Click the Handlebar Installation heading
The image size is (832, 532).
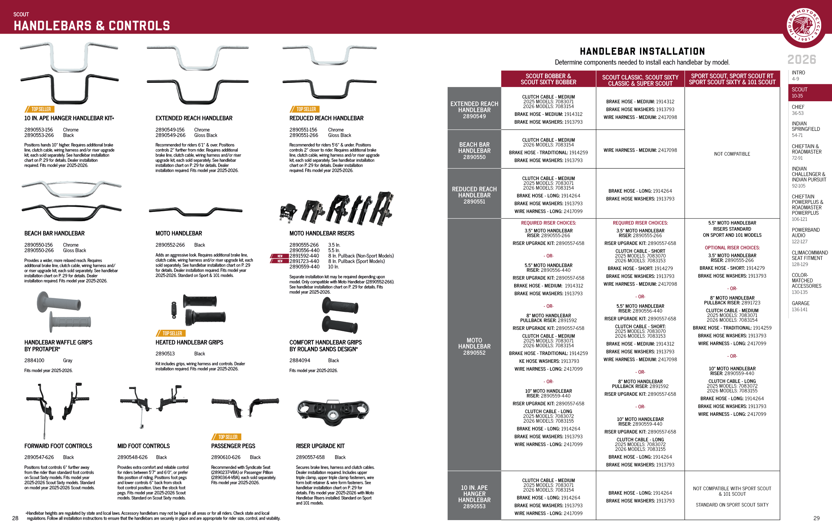[x=642, y=52]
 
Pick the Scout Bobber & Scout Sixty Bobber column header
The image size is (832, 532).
[x=548, y=79]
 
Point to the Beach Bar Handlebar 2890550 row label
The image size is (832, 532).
[x=474, y=150]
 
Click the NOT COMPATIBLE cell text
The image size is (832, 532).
[x=732, y=154]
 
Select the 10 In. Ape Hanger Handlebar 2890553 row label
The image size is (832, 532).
[x=474, y=497]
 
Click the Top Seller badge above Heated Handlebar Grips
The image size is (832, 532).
[x=171, y=333]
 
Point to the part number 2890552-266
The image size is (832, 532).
[x=170, y=245]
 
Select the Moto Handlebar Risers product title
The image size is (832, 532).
[x=322, y=233]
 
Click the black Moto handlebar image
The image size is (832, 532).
[x=195, y=210]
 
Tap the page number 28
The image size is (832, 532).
[x=15, y=518]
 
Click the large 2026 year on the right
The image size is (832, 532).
[x=802, y=59]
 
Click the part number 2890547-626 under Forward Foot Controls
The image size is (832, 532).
[x=39, y=457]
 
